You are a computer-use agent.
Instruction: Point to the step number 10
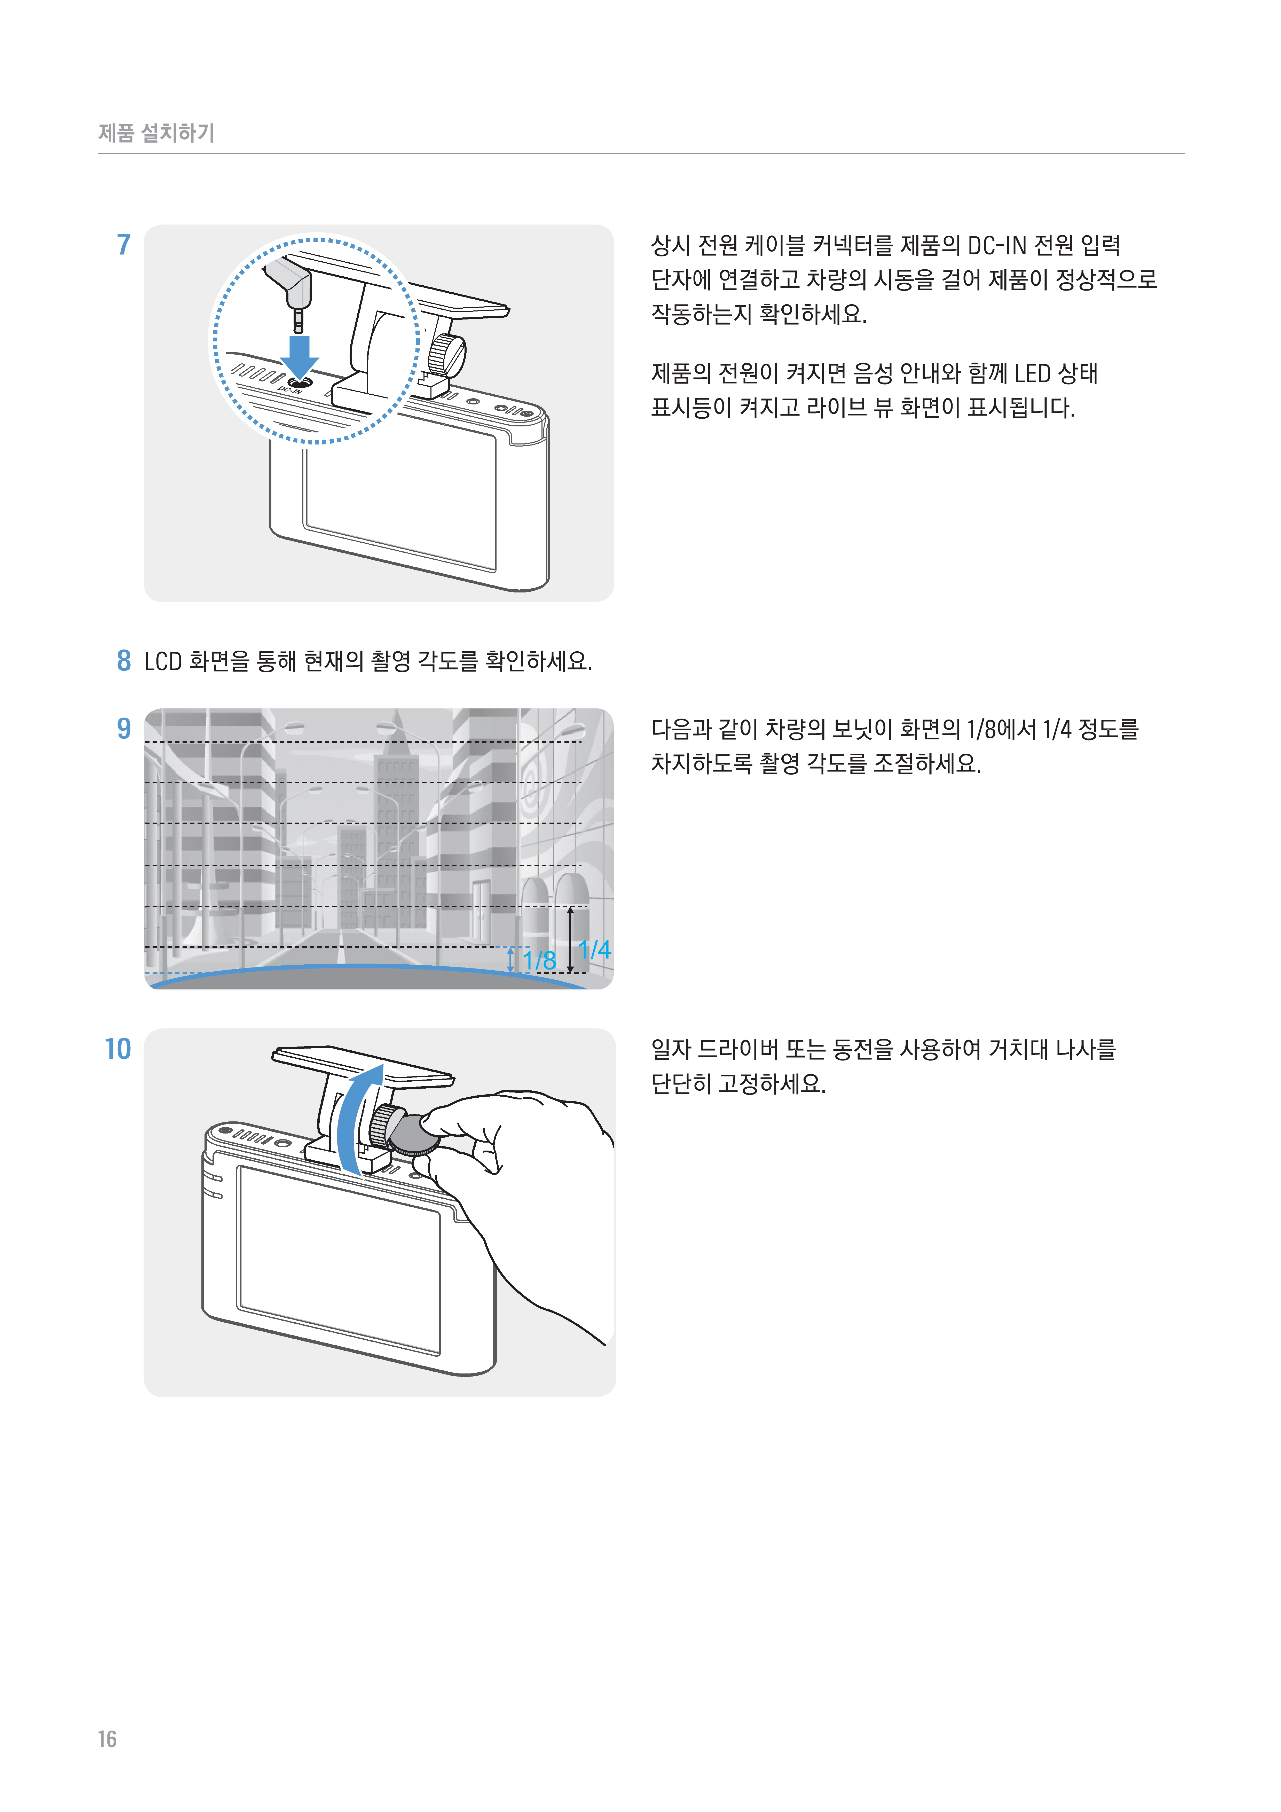tap(117, 1049)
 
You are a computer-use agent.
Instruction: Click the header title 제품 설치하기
tap(156, 132)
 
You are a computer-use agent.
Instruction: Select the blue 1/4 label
tap(594, 949)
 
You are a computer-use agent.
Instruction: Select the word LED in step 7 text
tap(1032, 373)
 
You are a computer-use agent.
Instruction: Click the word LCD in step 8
tap(163, 661)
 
